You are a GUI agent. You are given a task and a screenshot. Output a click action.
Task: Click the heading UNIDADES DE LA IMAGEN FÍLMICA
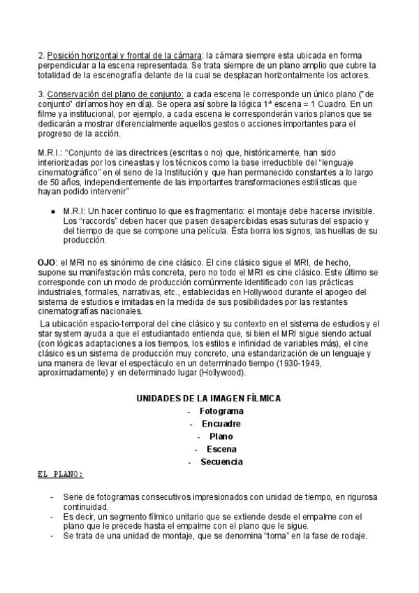tap(208, 398)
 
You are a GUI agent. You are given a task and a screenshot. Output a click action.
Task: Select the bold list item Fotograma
tap(221, 410)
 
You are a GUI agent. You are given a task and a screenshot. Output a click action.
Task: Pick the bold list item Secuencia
tap(221, 462)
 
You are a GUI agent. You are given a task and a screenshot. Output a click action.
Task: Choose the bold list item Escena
tap(221, 449)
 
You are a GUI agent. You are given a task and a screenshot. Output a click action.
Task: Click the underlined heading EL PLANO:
tap(60, 474)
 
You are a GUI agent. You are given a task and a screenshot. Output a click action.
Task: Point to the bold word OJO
tap(45, 260)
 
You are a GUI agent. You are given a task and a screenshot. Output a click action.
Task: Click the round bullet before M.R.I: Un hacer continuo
tap(53, 210)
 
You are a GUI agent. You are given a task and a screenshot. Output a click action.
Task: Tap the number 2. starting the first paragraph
tap(41, 55)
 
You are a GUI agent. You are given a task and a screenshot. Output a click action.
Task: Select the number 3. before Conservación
tap(41, 93)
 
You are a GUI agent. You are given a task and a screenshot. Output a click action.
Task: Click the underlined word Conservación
tap(75, 93)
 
